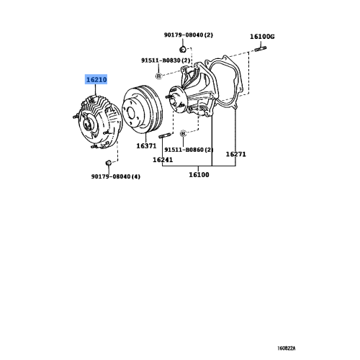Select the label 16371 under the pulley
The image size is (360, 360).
147,145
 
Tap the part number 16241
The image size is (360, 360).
164,159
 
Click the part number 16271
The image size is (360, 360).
236,154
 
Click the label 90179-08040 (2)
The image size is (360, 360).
189,34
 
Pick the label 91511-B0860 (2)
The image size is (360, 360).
189,150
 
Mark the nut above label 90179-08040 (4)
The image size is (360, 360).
107,163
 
